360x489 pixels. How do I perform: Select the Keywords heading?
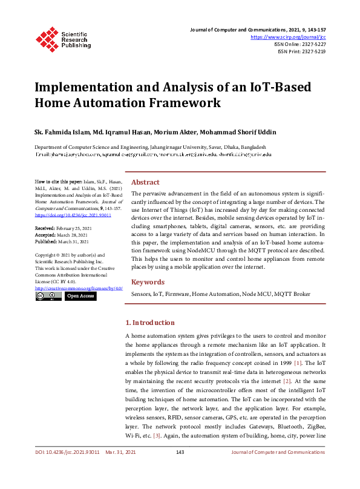click(x=148, y=282)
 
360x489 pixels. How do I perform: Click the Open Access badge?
click(x=80, y=297)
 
